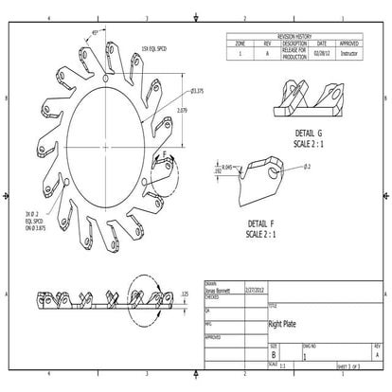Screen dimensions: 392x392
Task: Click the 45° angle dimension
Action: (x=96, y=32)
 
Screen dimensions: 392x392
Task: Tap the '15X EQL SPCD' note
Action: (x=154, y=48)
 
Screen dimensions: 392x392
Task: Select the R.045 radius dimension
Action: (x=226, y=167)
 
